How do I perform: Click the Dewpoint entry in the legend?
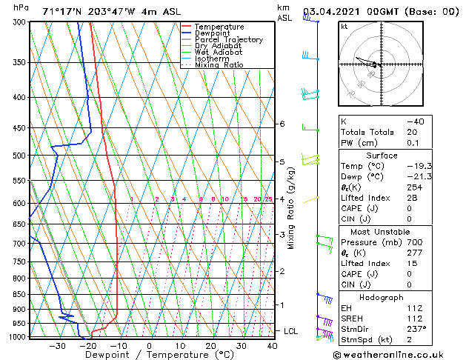pyautogui.click(x=214, y=33)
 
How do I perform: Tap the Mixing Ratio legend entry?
pyautogui.click(x=219, y=64)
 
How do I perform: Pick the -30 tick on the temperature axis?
pyautogui.click(x=56, y=346)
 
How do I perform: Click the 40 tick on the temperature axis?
pyautogui.click(x=272, y=346)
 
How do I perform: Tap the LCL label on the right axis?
pyautogui.click(x=290, y=331)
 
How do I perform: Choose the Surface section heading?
pyautogui.click(x=381, y=155)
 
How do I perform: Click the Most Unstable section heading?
pyautogui.click(x=381, y=232)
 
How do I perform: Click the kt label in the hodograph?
pyautogui.click(x=344, y=26)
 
